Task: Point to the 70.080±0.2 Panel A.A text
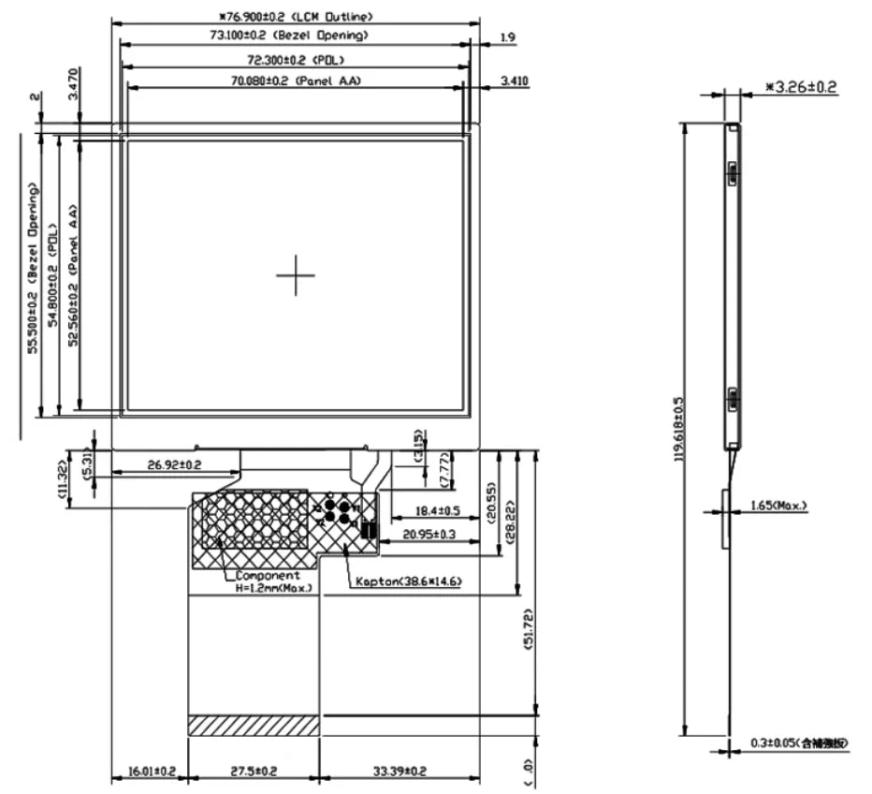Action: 296,81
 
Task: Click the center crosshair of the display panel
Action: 296,274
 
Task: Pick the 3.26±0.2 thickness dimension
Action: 801,87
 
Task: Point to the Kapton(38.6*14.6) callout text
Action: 408,582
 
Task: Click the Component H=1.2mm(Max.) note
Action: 271,581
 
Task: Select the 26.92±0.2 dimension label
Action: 175,464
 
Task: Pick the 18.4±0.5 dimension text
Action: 423,512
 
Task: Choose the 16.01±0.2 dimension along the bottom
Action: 151,772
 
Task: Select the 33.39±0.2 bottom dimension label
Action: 400,772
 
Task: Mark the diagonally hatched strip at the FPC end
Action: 254,725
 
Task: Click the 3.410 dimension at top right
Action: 515,81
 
